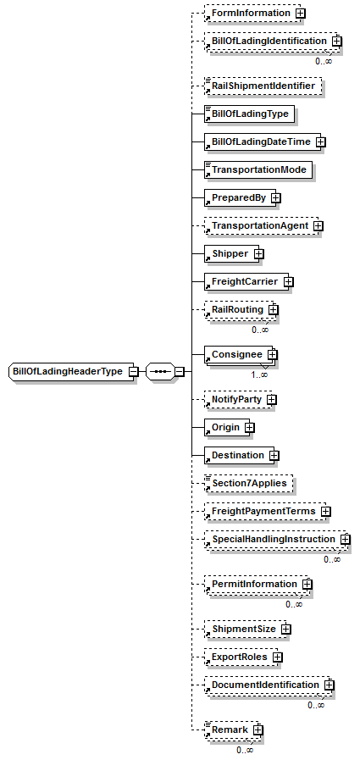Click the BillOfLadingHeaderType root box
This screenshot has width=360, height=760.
pyautogui.click(x=71, y=372)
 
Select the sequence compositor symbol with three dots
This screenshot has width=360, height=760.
pyautogui.click(x=160, y=372)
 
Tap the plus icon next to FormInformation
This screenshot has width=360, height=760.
pyautogui.click(x=301, y=14)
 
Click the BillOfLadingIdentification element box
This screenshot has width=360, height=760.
pyautogui.click(x=270, y=42)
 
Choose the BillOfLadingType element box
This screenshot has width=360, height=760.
pyautogui.click(x=250, y=114)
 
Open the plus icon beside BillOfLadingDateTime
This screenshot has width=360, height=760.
pyautogui.click(x=321, y=142)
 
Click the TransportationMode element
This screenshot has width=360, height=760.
pyautogui.click(x=258, y=170)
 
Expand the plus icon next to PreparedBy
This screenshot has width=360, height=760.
pyautogui.click(x=275, y=198)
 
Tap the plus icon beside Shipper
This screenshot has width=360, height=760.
pyautogui.click(x=259, y=254)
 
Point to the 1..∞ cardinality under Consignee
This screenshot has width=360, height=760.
pyautogui.click(x=259, y=374)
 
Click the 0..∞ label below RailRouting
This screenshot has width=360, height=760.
pyautogui.click(x=260, y=330)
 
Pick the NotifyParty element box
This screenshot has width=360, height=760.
pyautogui.click(x=238, y=400)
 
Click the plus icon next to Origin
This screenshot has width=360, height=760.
pyautogui.click(x=250, y=428)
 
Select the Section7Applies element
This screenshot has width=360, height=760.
pyautogui.click(x=249, y=484)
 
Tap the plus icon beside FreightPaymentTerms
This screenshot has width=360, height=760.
pyautogui.click(x=326, y=512)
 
